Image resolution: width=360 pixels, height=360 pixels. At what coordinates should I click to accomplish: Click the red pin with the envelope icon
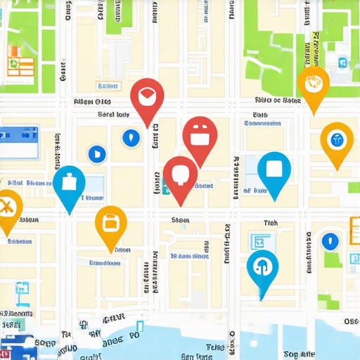click(148, 96)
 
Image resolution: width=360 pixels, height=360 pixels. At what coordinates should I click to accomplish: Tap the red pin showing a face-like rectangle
click(200, 134)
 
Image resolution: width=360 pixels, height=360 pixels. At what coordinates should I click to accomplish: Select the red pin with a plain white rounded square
click(181, 174)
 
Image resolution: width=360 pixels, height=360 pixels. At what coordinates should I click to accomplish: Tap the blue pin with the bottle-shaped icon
click(69, 183)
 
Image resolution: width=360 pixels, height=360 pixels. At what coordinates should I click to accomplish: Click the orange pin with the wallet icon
click(110, 223)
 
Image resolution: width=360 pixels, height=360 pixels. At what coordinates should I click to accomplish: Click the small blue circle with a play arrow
click(96, 153)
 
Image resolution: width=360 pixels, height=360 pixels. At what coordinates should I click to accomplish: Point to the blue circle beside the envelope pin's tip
click(131, 138)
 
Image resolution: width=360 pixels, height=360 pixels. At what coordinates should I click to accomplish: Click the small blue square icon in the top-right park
click(342, 63)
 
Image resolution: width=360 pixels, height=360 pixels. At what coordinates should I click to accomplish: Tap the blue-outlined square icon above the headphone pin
click(258, 241)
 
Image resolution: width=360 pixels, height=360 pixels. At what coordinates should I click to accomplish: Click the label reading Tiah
click(271, 223)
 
